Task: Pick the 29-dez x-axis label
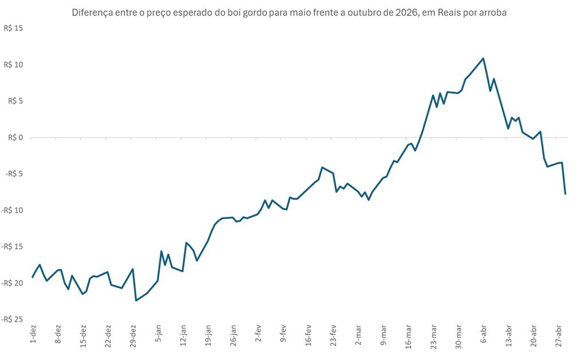coord(133,337)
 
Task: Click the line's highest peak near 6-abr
coord(483,58)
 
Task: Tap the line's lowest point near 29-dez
coord(136,300)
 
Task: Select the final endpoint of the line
coord(565,194)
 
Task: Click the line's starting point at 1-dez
coord(33,277)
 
